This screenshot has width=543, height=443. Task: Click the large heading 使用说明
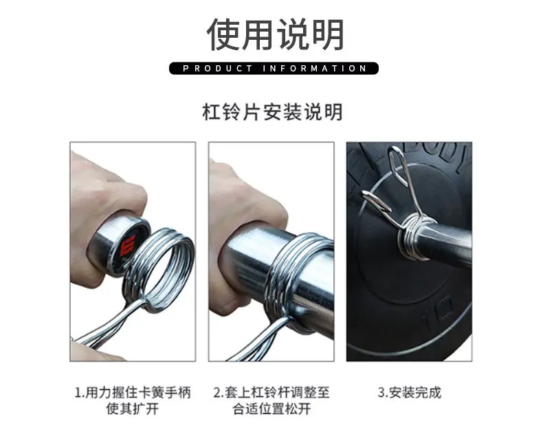pos(276,34)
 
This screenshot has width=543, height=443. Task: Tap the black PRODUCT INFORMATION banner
pos(274,68)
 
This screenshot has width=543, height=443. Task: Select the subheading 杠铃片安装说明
pos(272,112)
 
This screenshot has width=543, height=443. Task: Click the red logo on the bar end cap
pos(128,246)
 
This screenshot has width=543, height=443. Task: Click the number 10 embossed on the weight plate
pos(438,313)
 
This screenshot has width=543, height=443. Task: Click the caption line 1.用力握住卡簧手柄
pos(133,393)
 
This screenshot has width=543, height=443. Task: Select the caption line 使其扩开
pos(133,409)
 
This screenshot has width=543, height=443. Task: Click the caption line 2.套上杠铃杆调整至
pos(271,393)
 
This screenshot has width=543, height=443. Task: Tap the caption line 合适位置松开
pos(271,409)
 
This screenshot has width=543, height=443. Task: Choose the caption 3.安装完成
pos(410,393)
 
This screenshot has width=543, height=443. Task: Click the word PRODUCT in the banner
pos(217,69)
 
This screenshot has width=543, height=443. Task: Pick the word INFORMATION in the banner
pos(314,69)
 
